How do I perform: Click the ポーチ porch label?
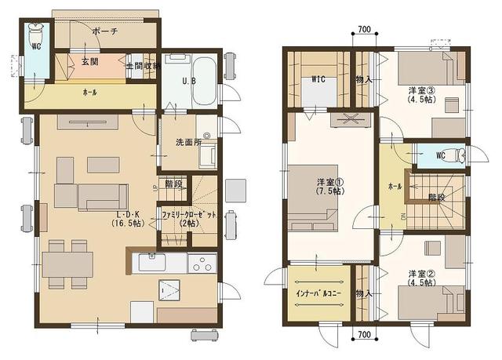104,32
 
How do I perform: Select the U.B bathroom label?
189,82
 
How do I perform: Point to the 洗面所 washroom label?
188,143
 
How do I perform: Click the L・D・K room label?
128,213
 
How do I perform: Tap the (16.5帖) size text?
128,224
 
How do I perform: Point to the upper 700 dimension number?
363,30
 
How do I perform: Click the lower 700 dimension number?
363,336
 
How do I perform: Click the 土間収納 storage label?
141,66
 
